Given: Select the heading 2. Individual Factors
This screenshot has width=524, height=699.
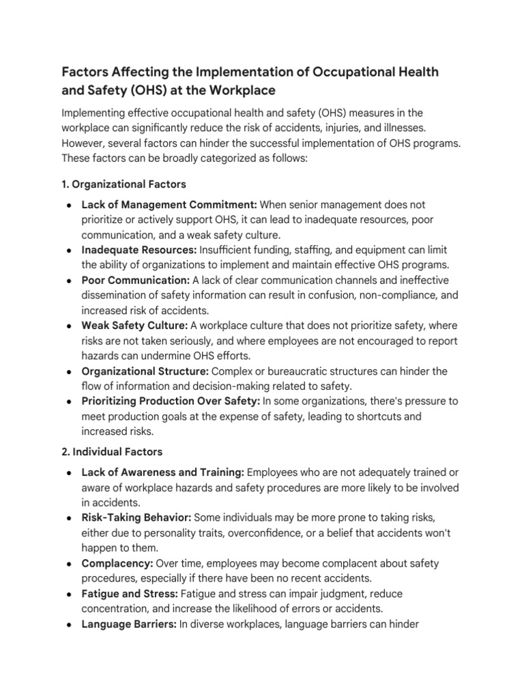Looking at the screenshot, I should (x=112, y=452).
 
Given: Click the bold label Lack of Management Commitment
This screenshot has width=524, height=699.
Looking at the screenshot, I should (x=169, y=204).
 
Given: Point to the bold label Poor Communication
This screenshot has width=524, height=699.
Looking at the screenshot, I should (x=135, y=281).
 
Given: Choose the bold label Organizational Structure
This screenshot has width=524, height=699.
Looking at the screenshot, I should (x=145, y=371).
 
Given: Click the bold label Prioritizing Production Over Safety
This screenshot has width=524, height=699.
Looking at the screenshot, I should (x=171, y=401).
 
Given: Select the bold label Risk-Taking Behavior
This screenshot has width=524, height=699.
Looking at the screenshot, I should (x=136, y=517).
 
